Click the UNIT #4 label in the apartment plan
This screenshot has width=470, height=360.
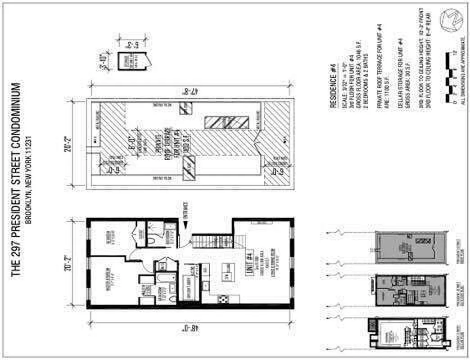249,262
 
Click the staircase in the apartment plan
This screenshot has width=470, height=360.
212,241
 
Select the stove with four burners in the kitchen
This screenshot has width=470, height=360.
222,298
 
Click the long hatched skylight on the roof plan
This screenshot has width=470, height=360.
226,122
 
